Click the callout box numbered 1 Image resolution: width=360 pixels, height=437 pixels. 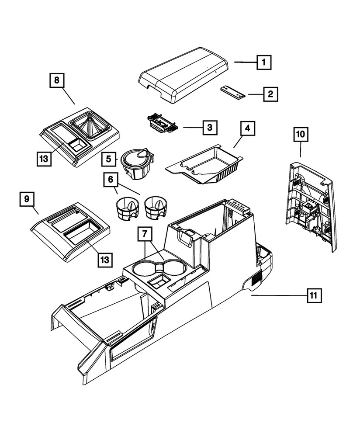263,62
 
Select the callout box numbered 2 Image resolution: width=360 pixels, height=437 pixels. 270,94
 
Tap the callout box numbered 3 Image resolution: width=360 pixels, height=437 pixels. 210,128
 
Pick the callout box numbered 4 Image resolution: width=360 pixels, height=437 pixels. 247,129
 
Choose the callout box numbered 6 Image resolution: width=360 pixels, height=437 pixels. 111,180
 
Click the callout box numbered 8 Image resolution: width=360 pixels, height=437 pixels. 57,80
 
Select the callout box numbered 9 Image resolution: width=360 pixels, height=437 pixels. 27,199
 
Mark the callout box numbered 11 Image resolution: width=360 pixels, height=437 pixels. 313,296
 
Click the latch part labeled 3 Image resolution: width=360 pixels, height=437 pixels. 162,122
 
